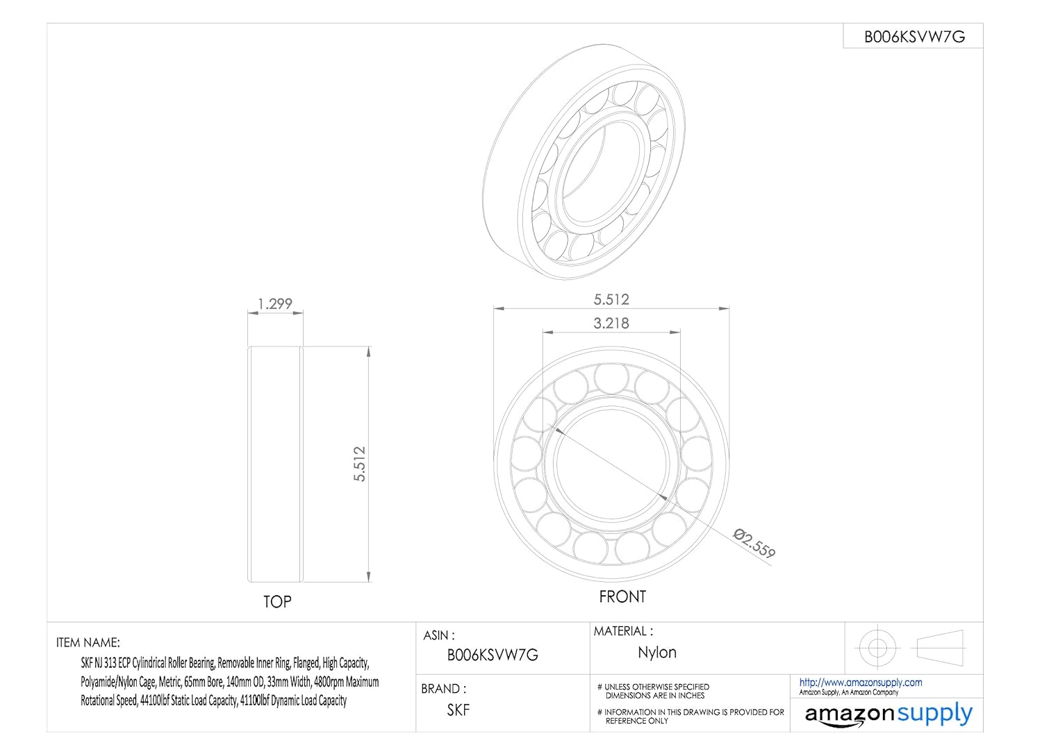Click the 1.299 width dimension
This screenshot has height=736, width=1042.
tap(275, 303)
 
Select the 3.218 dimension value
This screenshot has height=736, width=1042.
tap(611, 323)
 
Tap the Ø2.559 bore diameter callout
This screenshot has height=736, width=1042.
tap(754, 543)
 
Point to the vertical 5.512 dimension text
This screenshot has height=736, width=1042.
tap(360, 464)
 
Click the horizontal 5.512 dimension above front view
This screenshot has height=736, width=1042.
tap(611, 299)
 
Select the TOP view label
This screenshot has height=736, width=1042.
tap(277, 601)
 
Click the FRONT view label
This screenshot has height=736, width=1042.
tap(622, 596)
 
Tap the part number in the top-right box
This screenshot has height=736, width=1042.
tap(915, 37)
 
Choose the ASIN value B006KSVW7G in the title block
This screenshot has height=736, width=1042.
tap(493, 655)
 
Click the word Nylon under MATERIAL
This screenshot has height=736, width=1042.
tap(657, 653)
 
